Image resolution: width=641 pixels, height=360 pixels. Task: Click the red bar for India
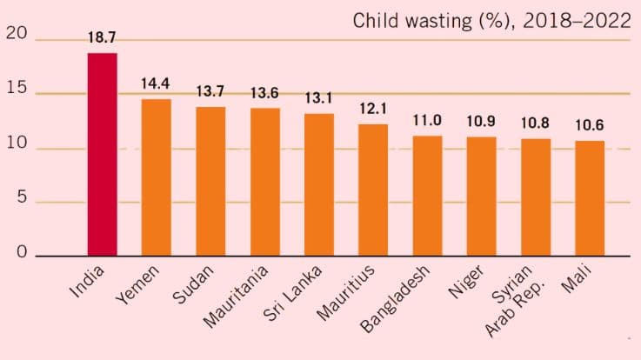(x=102, y=155)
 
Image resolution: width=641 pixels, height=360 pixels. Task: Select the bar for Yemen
(x=156, y=177)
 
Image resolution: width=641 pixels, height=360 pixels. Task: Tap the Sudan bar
(x=210, y=181)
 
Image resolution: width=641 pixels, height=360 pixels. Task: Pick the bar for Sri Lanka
(x=318, y=184)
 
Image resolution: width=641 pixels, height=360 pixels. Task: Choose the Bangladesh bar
(x=427, y=196)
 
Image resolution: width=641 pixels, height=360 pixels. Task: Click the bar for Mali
(x=590, y=198)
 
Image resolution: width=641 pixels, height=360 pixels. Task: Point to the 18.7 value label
(x=102, y=38)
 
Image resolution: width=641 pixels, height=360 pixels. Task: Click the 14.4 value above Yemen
(x=156, y=84)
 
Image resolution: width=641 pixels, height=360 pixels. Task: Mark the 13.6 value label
(x=264, y=93)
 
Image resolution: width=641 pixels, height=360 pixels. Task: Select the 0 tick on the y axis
(x=20, y=254)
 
